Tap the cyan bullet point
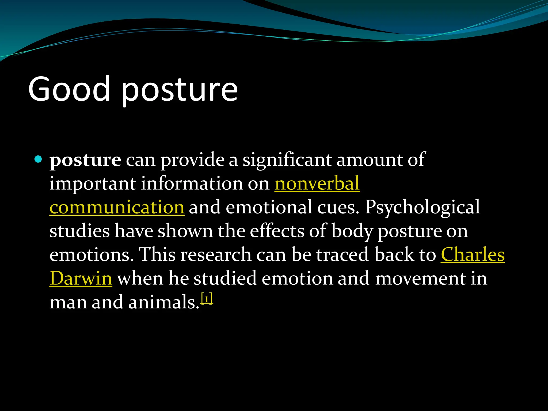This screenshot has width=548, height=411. (39, 159)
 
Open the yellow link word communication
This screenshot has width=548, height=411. (117, 207)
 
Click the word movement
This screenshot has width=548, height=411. (421, 279)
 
